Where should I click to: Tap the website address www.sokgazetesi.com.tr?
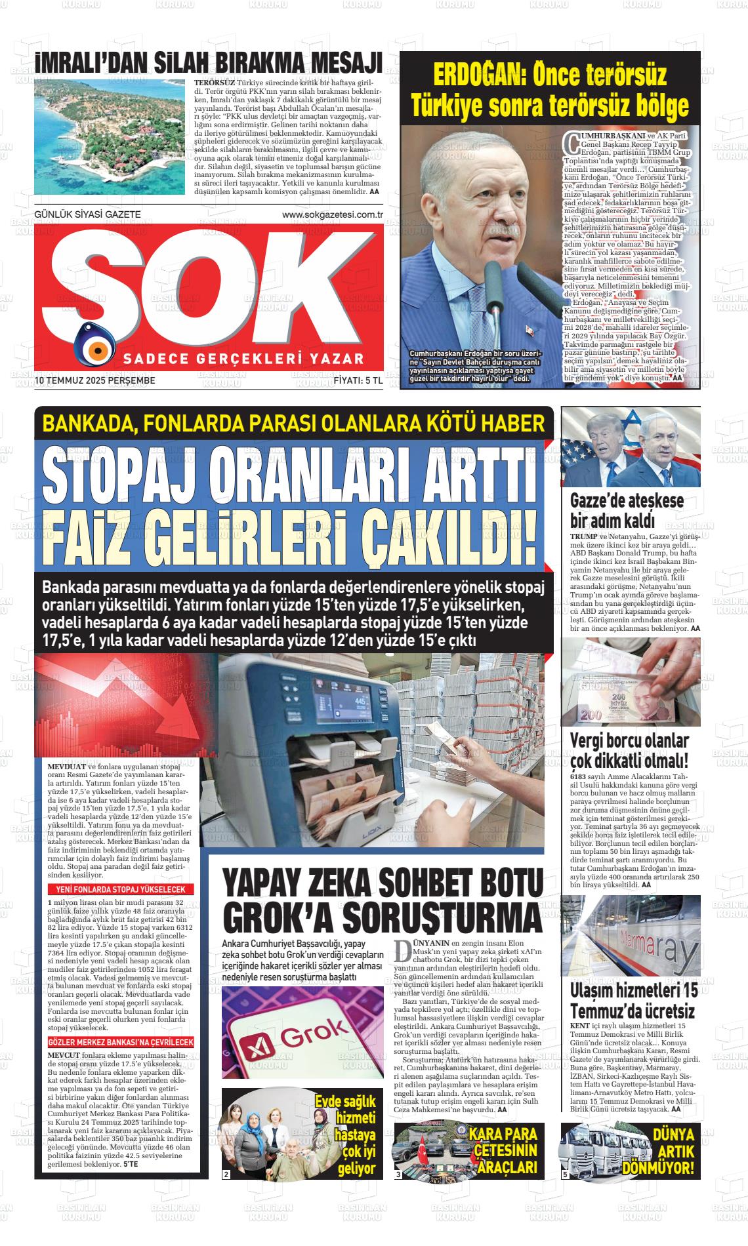pos(332,214)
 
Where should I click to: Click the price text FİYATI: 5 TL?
pos(358,380)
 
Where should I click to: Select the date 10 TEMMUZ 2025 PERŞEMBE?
pos(95,380)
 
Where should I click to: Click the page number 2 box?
pos(226,1174)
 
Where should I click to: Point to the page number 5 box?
pos(565,1174)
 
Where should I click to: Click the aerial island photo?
pos(110,138)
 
